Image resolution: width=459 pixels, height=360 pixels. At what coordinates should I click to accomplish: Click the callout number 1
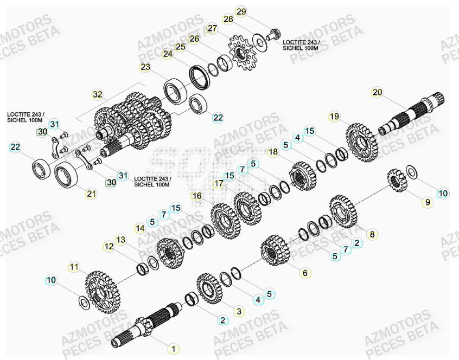point(173,349)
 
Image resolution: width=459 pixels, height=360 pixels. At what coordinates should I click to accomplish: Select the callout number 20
point(377,92)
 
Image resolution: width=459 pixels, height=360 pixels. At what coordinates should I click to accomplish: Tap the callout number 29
point(241,11)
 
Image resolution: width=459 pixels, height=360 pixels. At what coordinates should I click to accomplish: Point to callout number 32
point(97,94)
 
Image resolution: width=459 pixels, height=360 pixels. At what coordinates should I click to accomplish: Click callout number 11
point(74,266)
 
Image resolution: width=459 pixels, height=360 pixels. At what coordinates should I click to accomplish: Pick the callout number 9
point(427,202)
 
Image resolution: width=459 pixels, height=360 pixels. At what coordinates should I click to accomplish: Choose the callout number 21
point(92,193)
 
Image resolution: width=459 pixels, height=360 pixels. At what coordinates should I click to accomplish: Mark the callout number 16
point(197,195)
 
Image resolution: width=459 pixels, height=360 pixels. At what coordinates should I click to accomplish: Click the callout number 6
point(304,273)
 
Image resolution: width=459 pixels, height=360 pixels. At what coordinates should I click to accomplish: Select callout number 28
point(228,19)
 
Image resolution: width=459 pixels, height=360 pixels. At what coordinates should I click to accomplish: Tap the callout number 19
point(334,117)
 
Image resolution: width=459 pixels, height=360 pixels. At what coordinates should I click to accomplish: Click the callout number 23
point(145,67)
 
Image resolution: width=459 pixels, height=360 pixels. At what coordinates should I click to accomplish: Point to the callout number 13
point(120,239)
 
